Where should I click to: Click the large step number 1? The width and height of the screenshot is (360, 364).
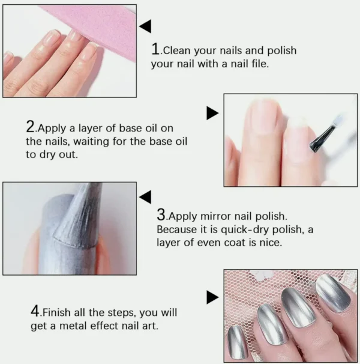(155, 49)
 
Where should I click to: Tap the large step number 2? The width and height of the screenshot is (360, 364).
(30, 127)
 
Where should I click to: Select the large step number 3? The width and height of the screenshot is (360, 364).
(161, 214)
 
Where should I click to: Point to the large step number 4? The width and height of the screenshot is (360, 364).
(35, 311)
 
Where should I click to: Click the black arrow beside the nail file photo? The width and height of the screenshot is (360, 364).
(145, 26)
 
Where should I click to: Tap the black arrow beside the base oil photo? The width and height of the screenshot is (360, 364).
(212, 114)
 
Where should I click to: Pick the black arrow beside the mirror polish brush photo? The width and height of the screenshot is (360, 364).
(145, 197)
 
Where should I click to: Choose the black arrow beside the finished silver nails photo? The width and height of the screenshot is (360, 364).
(212, 297)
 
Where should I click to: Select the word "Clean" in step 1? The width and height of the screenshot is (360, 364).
(177, 50)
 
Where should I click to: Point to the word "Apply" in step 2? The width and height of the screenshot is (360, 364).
(52, 129)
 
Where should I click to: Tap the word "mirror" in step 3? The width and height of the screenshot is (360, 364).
(216, 216)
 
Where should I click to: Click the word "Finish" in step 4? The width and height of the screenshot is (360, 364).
(56, 312)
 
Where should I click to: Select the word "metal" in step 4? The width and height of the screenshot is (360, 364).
(73, 326)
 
